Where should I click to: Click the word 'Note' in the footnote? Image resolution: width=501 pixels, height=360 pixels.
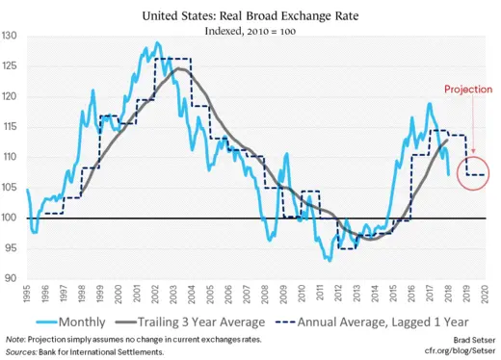13,341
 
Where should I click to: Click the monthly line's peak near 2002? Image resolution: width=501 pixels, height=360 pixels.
156,43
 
